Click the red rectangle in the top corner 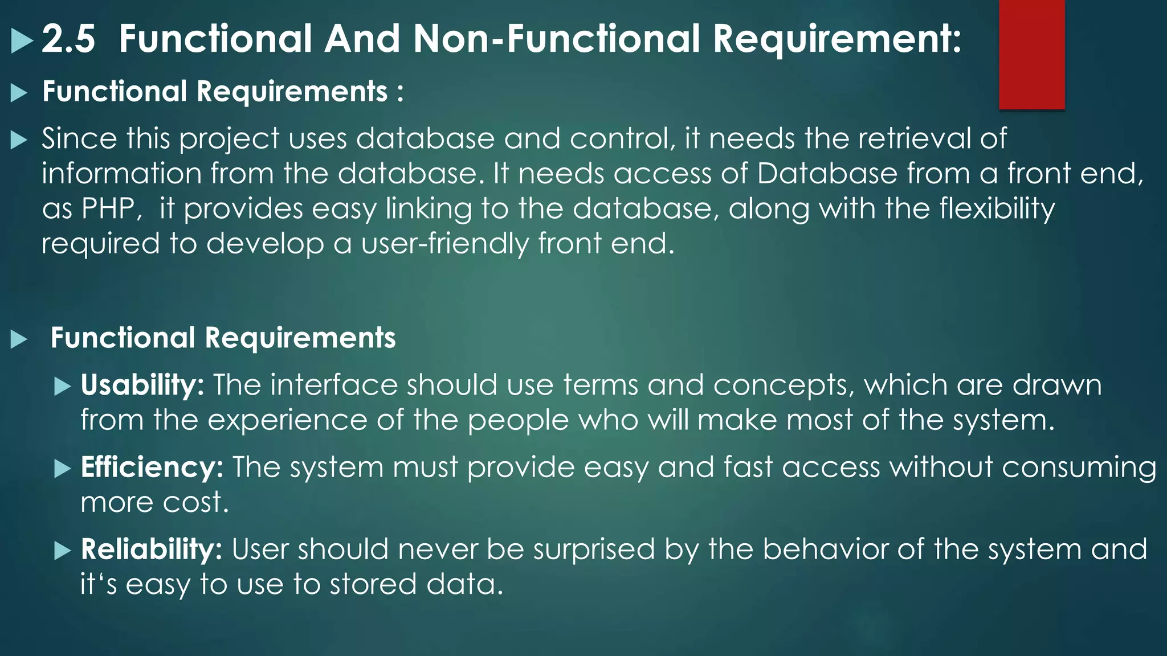(1031, 54)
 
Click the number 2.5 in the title (68, 39)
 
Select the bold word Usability (142, 385)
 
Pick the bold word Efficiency (152, 468)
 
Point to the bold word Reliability (151, 550)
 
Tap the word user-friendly (445, 244)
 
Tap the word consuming (1079, 468)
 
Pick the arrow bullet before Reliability (62, 551)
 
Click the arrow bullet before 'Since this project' (19, 140)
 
